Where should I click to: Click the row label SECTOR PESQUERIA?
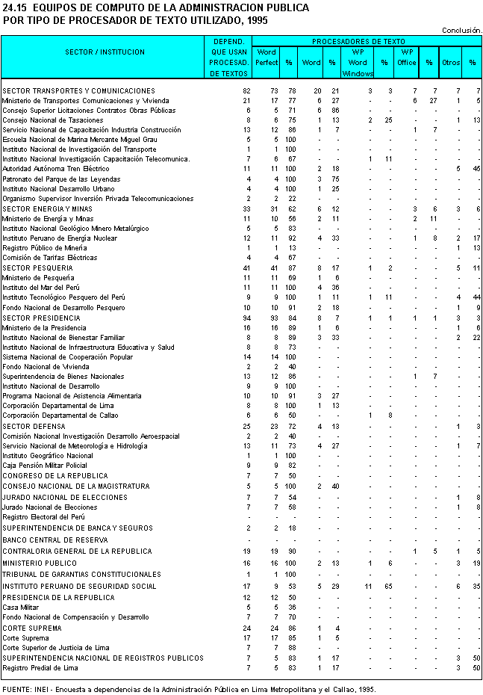tap(37, 268)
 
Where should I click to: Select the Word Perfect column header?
tap(267, 58)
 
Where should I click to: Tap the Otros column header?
tap(450, 63)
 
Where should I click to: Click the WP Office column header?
tap(407, 58)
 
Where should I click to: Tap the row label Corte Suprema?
tap(25, 637)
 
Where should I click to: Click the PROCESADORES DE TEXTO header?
tap(358, 42)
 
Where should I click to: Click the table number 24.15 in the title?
tap(15, 7)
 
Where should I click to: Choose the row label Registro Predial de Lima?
tap(40, 667)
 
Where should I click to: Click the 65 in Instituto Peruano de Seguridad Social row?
tap(388, 587)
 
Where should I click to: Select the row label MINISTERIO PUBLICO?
tap(35, 563)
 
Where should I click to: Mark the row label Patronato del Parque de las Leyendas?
tap(61, 179)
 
